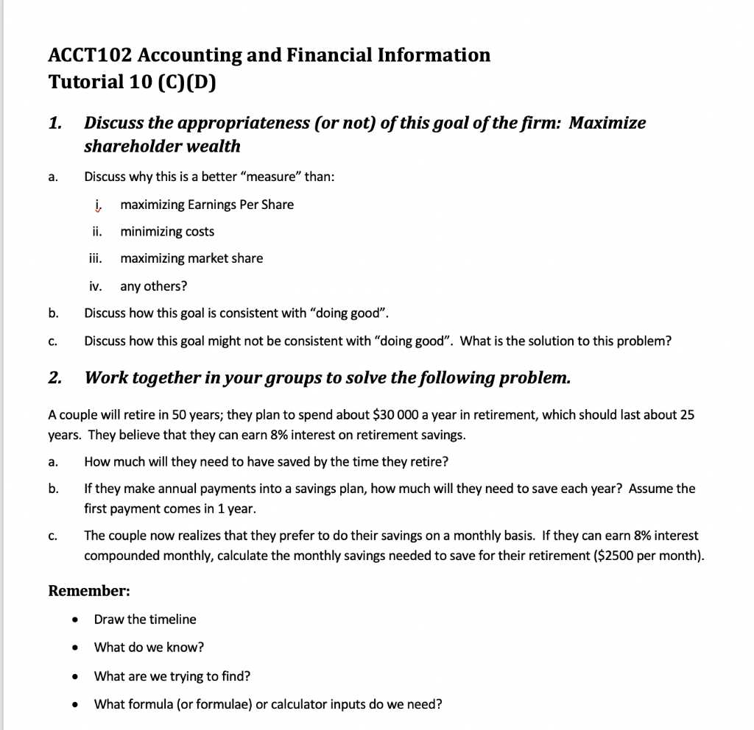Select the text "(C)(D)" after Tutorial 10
(x=188, y=82)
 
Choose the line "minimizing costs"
(x=167, y=232)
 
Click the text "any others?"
(x=153, y=286)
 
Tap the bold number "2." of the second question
(x=55, y=378)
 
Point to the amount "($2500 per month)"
(x=649, y=556)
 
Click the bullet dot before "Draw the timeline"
(x=75, y=620)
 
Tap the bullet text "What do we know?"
(x=149, y=648)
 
